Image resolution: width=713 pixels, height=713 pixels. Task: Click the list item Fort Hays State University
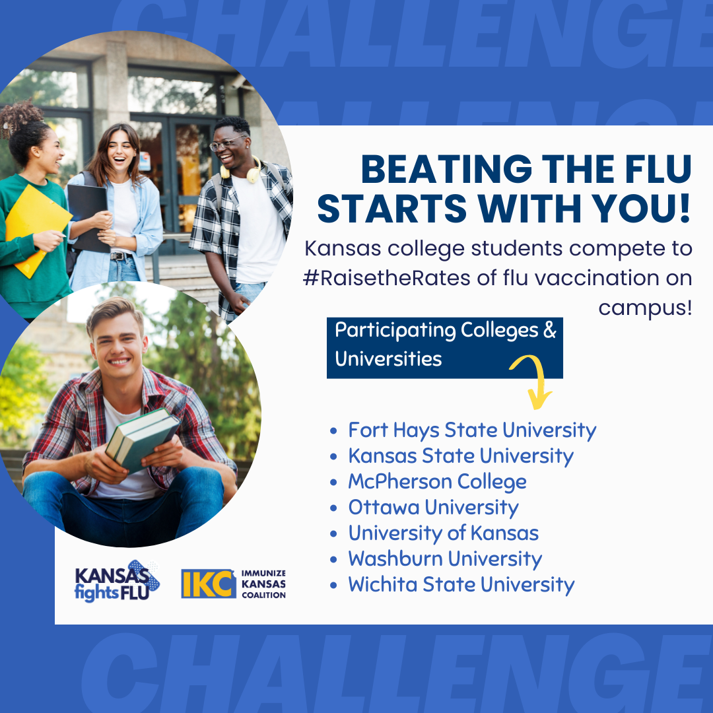472,430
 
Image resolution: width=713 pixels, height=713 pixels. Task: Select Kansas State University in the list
461,456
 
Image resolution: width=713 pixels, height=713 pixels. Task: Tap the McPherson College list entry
438,481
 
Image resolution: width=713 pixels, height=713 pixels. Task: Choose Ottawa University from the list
433,508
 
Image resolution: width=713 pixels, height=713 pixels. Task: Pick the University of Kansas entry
444,533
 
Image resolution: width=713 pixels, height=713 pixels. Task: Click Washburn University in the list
445,559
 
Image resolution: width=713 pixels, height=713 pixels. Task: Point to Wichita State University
461,585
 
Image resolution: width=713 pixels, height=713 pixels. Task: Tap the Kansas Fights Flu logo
117,582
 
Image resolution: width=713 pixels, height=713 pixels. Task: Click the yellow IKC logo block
208,584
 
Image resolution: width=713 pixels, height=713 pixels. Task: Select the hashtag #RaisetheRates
386,278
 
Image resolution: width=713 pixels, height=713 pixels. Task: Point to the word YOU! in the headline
642,209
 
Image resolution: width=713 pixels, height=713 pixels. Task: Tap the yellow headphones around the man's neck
241,171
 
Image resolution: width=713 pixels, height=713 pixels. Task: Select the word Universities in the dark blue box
388,359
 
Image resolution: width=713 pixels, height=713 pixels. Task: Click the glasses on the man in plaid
226,143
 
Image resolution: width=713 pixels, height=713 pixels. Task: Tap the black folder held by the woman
88,217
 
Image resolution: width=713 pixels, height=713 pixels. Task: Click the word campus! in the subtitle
645,308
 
